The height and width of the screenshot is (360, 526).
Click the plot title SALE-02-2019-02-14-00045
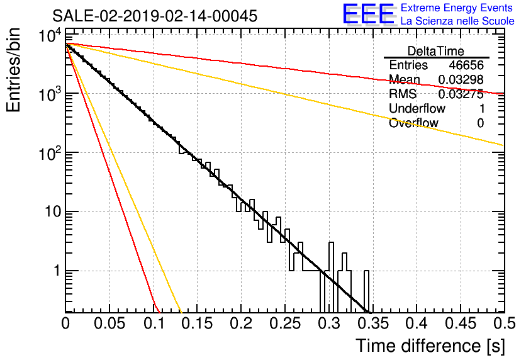[155, 16]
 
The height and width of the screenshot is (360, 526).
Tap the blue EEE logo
[369, 14]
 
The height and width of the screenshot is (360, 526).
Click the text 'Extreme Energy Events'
[457, 8]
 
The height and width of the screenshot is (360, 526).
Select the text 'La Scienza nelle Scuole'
[457, 21]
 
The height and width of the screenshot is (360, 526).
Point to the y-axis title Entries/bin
[13, 70]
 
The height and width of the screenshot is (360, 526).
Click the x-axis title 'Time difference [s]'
[430, 346]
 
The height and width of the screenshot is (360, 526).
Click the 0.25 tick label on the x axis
[285, 323]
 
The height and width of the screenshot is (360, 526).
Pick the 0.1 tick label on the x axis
[154, 323]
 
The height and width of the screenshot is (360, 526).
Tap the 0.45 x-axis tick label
[461, 323]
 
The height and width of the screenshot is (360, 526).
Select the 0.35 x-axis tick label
[372, 323]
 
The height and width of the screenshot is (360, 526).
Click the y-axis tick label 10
[53, 211]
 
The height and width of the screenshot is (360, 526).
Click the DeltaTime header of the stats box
[436, 51]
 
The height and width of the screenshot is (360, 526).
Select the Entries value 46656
[466, 65]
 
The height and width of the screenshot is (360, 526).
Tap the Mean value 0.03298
[461, 79]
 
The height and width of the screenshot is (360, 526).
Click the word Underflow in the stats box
[417, 108]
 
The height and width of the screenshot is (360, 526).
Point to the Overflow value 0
[480, 123]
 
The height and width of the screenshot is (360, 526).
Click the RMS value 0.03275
[461, 94]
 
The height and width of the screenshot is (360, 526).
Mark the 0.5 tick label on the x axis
[505, 323]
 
